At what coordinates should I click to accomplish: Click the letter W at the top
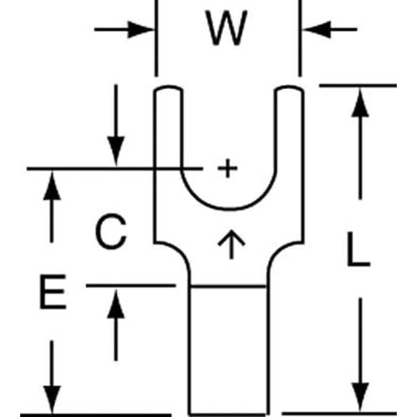(227, 30)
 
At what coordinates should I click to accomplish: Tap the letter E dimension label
(51, 294)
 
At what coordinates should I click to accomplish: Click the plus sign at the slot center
(227, 168)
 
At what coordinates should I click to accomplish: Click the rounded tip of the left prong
(167, 90)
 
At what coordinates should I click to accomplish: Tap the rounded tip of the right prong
(290, 90)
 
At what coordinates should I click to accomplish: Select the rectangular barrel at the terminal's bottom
(228, 347)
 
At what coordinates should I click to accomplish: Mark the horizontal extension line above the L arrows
(358, 85)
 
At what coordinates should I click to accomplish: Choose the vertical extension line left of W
(155, 38)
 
